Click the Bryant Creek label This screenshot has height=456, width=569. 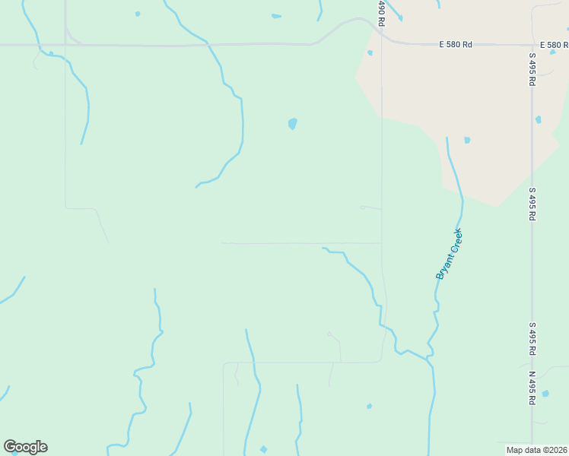tap(449, 254)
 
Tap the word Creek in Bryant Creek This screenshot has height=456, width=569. tap(455, 242)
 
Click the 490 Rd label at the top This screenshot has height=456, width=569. tap(381, 13)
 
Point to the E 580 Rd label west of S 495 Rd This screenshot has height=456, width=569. tap(456, 45)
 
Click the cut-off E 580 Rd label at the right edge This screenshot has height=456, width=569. tap(554, 46)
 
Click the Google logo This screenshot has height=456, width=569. tap(25, 447)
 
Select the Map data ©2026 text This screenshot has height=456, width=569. tap(536, 449)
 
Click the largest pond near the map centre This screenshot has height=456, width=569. tap(293, 123)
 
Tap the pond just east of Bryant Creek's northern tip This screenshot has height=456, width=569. tap(467, 140)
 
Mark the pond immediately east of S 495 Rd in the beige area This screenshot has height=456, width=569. tap(539, 119)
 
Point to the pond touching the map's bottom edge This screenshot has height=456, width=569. tap(263, 450)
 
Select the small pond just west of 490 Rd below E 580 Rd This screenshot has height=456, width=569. tap(370, 52)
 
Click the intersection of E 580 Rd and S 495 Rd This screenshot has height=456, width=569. tap(531, 45)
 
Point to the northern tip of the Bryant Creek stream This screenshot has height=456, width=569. tap(447, 138)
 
